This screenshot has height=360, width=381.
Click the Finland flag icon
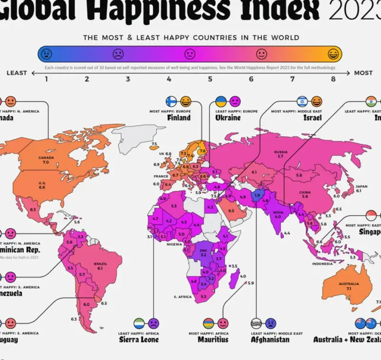(171, 101)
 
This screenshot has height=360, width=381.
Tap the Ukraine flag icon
(221, 101)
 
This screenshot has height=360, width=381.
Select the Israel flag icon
(302, 101)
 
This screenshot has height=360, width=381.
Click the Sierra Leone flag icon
(140, 323)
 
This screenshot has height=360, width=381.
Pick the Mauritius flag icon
(208, 323)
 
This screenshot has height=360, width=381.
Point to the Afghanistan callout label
(270, 340)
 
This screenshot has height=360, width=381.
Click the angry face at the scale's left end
(47, 53)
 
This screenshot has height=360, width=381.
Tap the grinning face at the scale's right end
(333, 53)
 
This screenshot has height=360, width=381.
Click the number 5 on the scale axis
(210, 79)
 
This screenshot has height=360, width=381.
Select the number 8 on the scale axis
(333, 79)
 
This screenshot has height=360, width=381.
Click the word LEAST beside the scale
(17, 73)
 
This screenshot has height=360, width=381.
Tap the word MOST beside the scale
(363, 73)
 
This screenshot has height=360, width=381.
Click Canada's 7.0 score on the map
(46, 162)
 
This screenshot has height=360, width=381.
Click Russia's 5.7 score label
(281, 156)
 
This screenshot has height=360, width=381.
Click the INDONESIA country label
(322, 263)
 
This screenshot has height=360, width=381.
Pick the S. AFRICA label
(182, 297)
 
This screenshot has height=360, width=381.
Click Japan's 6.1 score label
(359, 190)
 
